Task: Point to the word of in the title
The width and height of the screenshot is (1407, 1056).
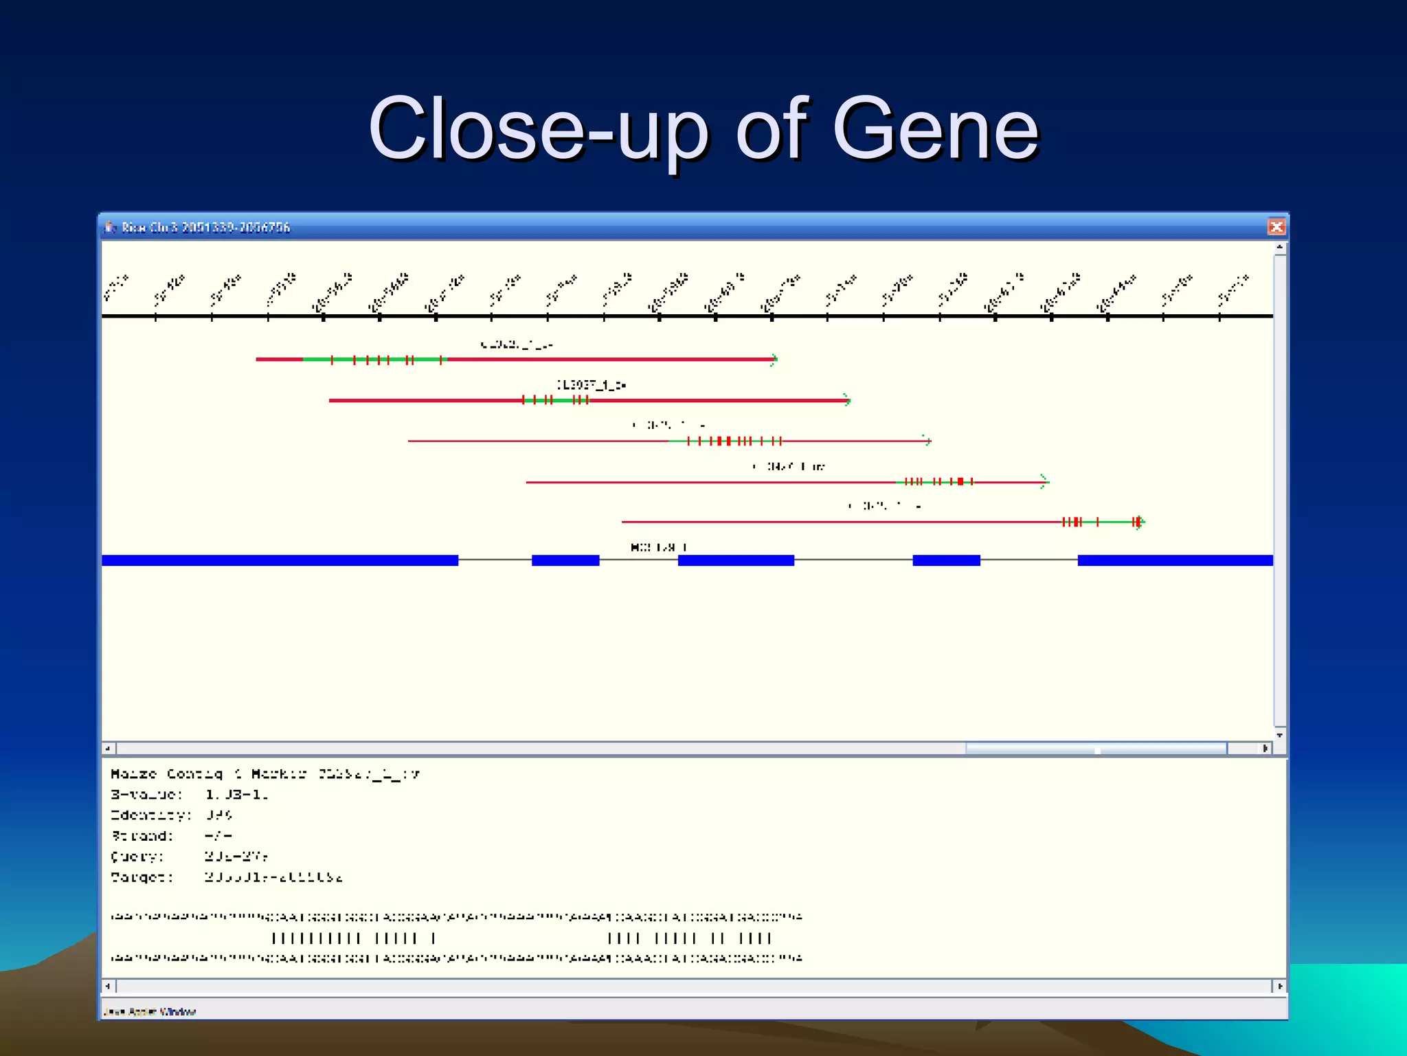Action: point(769,129)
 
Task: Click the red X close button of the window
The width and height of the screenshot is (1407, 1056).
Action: point(1276,227)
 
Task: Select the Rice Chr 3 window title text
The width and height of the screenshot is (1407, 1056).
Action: point(205,228)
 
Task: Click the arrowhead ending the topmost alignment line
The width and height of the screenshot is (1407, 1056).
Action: point(774,359)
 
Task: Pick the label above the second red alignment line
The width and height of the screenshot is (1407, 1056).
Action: point(591,385)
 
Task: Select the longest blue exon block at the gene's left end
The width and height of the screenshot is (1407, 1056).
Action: point(280,560)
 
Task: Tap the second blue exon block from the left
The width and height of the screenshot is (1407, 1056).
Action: point(565,560)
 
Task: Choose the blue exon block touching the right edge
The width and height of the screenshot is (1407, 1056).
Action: point(1175,560)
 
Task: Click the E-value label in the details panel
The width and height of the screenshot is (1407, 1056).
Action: point(146,795)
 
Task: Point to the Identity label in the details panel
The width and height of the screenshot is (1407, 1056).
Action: point(150,815)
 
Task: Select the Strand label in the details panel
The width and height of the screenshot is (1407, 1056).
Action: point(142,836)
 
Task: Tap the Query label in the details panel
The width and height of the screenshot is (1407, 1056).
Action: point(137,857)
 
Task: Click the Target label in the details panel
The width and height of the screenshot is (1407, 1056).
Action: point(142,877)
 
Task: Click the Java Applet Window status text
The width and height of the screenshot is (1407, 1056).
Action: point(150,1011)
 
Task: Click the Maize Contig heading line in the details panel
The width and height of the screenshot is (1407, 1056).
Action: point(265,774)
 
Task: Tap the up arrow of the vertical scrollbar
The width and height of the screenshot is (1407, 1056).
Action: point(1279,247)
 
